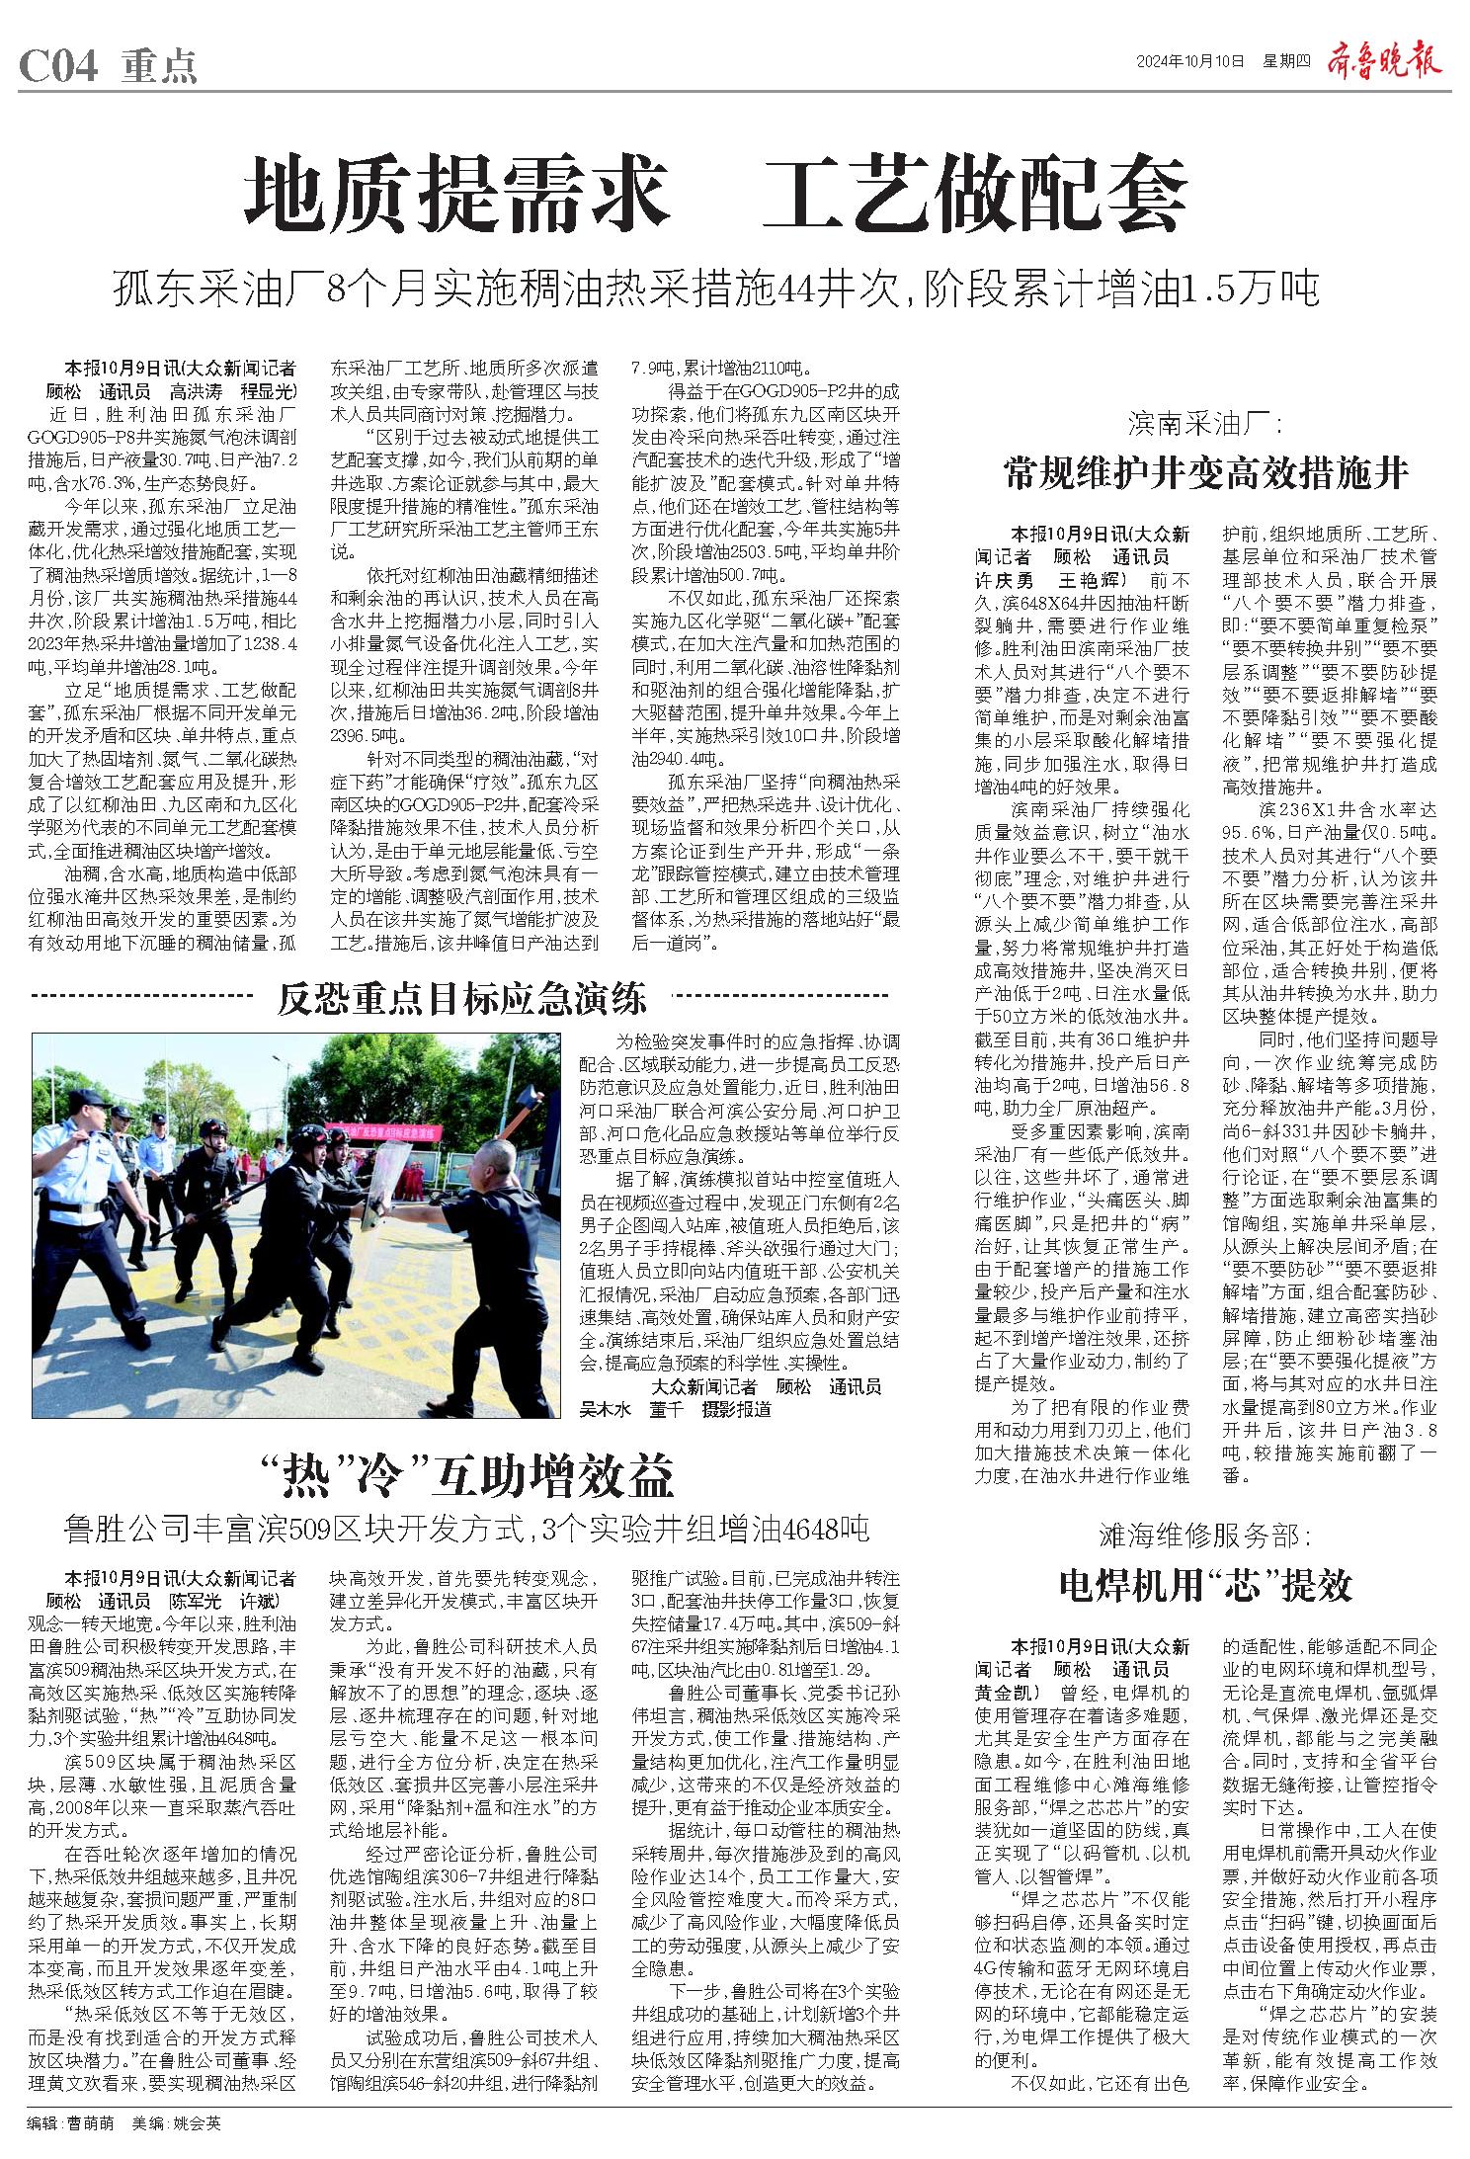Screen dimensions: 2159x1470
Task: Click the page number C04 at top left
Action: [59, 66]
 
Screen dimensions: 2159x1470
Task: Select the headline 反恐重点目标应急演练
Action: [461, 999]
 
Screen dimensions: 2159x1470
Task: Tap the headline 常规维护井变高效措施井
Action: [1205, 473]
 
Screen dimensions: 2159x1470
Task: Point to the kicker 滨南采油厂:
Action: [1205, 426]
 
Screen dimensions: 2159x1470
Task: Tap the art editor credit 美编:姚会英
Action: [177, 2121]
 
